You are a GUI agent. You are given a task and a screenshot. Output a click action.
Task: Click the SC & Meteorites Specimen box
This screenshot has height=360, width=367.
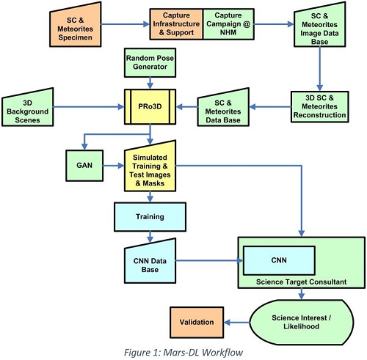coord(76,26)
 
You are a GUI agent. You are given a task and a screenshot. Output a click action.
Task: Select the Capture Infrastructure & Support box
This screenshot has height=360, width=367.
coord(176,24)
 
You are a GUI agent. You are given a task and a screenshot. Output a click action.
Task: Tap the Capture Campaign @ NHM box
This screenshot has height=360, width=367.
coord(228,24)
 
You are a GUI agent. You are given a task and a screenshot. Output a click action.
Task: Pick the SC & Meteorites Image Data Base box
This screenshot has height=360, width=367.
coord(319,26)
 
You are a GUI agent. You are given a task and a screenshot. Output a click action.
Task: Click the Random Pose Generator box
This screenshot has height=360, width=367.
coord(150,62)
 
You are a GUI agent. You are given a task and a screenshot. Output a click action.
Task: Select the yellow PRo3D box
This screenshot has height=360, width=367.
coord(150,106)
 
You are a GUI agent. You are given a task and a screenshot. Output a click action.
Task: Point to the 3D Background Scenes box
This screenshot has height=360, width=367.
coord(27,109)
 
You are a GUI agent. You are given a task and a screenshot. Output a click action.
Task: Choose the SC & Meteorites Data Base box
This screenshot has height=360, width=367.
coord(223,109)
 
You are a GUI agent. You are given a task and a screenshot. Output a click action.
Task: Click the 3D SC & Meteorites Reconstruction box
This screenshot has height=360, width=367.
coord(319,106)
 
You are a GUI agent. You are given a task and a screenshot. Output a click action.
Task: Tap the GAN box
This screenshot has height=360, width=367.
coord(84,166)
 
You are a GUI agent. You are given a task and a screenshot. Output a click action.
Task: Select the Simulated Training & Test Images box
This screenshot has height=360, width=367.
coord(150,168)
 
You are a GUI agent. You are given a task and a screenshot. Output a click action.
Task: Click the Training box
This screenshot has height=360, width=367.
coord(150,217)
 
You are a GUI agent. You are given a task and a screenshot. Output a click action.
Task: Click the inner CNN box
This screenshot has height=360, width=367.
coord(279,260)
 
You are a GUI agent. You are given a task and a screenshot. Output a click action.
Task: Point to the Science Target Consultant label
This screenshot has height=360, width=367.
coord(301,282)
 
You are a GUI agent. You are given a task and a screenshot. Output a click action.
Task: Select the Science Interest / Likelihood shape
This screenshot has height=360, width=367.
coord(302,323)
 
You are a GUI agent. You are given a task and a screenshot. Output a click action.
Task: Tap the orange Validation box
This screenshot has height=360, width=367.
coord(197,323)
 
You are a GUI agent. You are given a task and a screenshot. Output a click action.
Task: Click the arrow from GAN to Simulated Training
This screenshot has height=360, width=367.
coord(114,166)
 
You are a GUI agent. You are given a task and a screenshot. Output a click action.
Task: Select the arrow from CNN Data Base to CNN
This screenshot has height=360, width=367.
coord(209,260)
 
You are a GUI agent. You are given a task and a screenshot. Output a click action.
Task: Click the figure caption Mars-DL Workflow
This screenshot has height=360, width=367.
coord(183,353)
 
